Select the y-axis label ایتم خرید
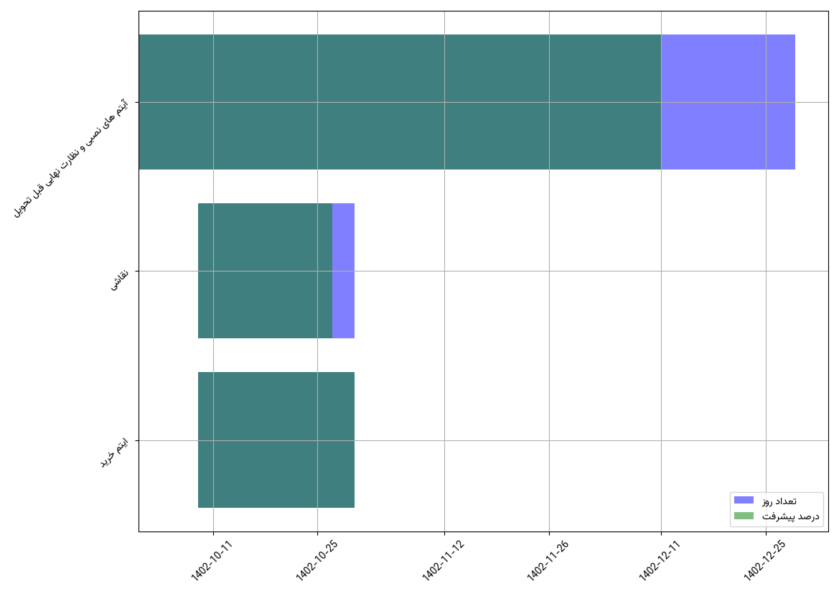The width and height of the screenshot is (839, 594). (114, 453)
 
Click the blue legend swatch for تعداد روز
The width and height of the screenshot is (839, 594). (744, 500)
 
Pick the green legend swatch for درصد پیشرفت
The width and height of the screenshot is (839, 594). (744, 516)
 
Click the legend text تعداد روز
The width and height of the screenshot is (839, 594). (779, 501)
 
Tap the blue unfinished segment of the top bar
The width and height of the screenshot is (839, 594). (728, 102)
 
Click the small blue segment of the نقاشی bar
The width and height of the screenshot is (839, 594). (343, 271)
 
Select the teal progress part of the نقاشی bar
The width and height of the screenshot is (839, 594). (265, 271)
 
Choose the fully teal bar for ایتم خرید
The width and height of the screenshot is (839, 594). (276, 440)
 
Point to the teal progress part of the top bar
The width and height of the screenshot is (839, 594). (400, 102)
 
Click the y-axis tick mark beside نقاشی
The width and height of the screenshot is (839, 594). (136, 271)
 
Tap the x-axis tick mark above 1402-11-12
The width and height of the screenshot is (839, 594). (445, 534)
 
